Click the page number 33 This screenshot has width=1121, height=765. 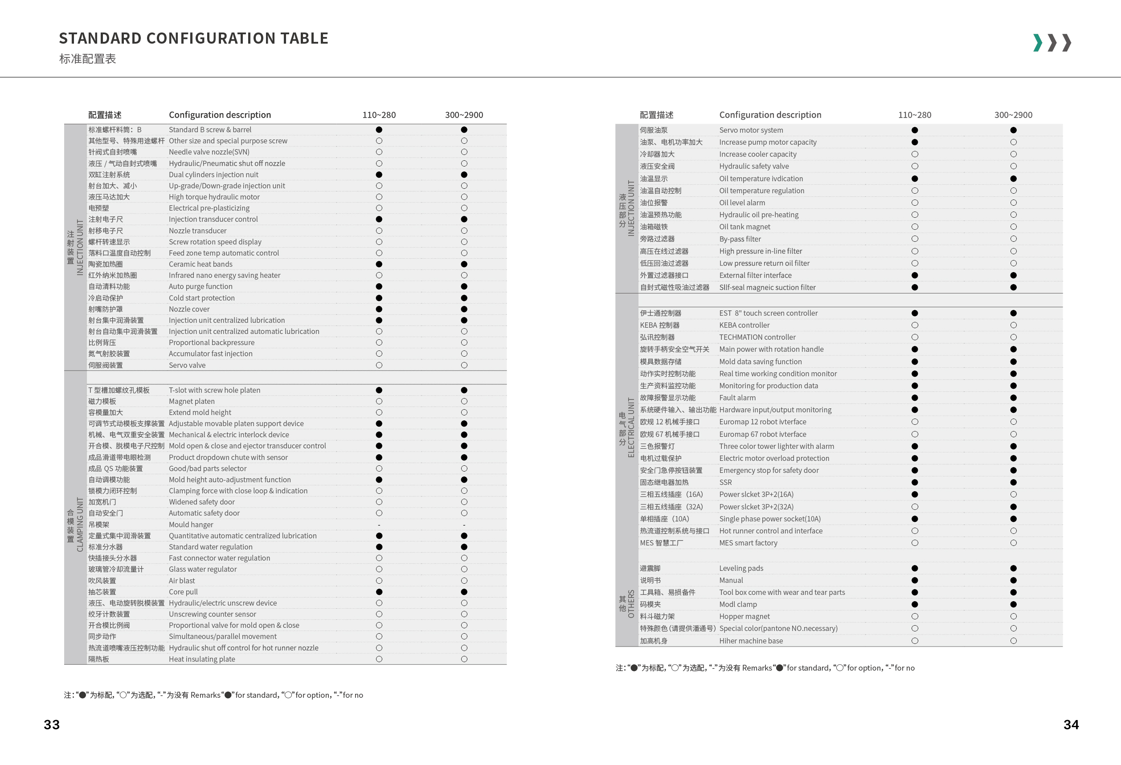tap(52, 724)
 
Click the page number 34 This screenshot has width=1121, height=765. tap(1071, 724)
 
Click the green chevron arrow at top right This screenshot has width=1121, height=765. tap(1038, 43)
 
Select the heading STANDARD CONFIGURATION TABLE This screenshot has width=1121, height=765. tap(193, 39)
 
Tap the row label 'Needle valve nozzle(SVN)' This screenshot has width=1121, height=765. tap(209, 152)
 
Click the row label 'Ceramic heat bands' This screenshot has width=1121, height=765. tap(200, 264)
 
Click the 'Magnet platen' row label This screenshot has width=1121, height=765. tap(192, 402)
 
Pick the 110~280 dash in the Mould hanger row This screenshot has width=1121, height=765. tap(379, 525)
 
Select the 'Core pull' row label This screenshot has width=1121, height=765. tap(183, 592)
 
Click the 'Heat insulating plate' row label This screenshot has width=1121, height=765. tap(202, 659)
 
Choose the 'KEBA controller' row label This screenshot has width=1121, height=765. tap(744, 326)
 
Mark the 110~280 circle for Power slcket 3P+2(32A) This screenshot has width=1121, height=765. tap(915, 507)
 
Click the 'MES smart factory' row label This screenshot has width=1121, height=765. tap(748, 543)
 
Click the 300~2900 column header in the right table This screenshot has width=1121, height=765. tap(1013, 115)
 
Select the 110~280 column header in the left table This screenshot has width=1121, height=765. tap(379, 115)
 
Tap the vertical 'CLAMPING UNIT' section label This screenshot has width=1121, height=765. tap(80, 525)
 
